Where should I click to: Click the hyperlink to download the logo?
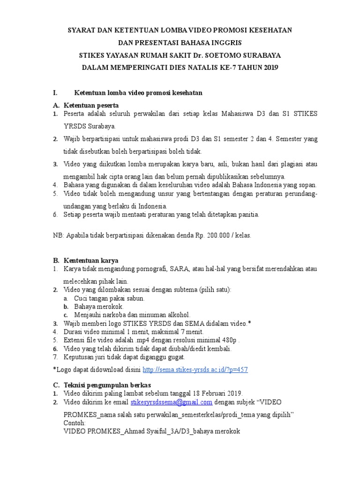[x=195, y=370]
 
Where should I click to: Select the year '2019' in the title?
[x=268, y=67]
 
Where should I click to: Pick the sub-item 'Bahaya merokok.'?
[x=99, y=307]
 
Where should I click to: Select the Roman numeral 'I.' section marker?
[x=55, y=93]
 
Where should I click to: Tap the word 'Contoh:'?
[x=75, y=423]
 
